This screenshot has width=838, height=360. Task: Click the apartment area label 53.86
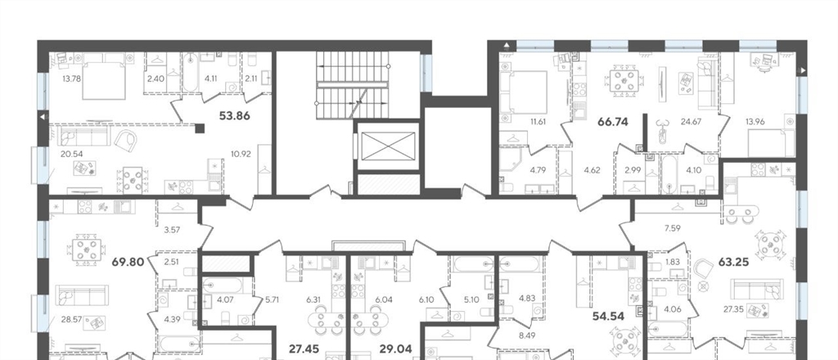point(235,115)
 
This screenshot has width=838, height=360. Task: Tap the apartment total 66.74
point(613,122)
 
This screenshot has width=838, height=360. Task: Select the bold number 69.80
point(128,262)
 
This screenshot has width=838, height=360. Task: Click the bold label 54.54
point(608,316)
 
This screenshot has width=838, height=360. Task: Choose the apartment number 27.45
point(304,349)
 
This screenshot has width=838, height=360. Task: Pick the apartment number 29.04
point(395,349)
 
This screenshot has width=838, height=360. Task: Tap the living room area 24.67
point(691,121)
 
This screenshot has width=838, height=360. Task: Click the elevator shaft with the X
point(388,146)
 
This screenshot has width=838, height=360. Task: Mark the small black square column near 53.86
point(200,128)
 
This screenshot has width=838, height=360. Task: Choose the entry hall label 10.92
point(242,154)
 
